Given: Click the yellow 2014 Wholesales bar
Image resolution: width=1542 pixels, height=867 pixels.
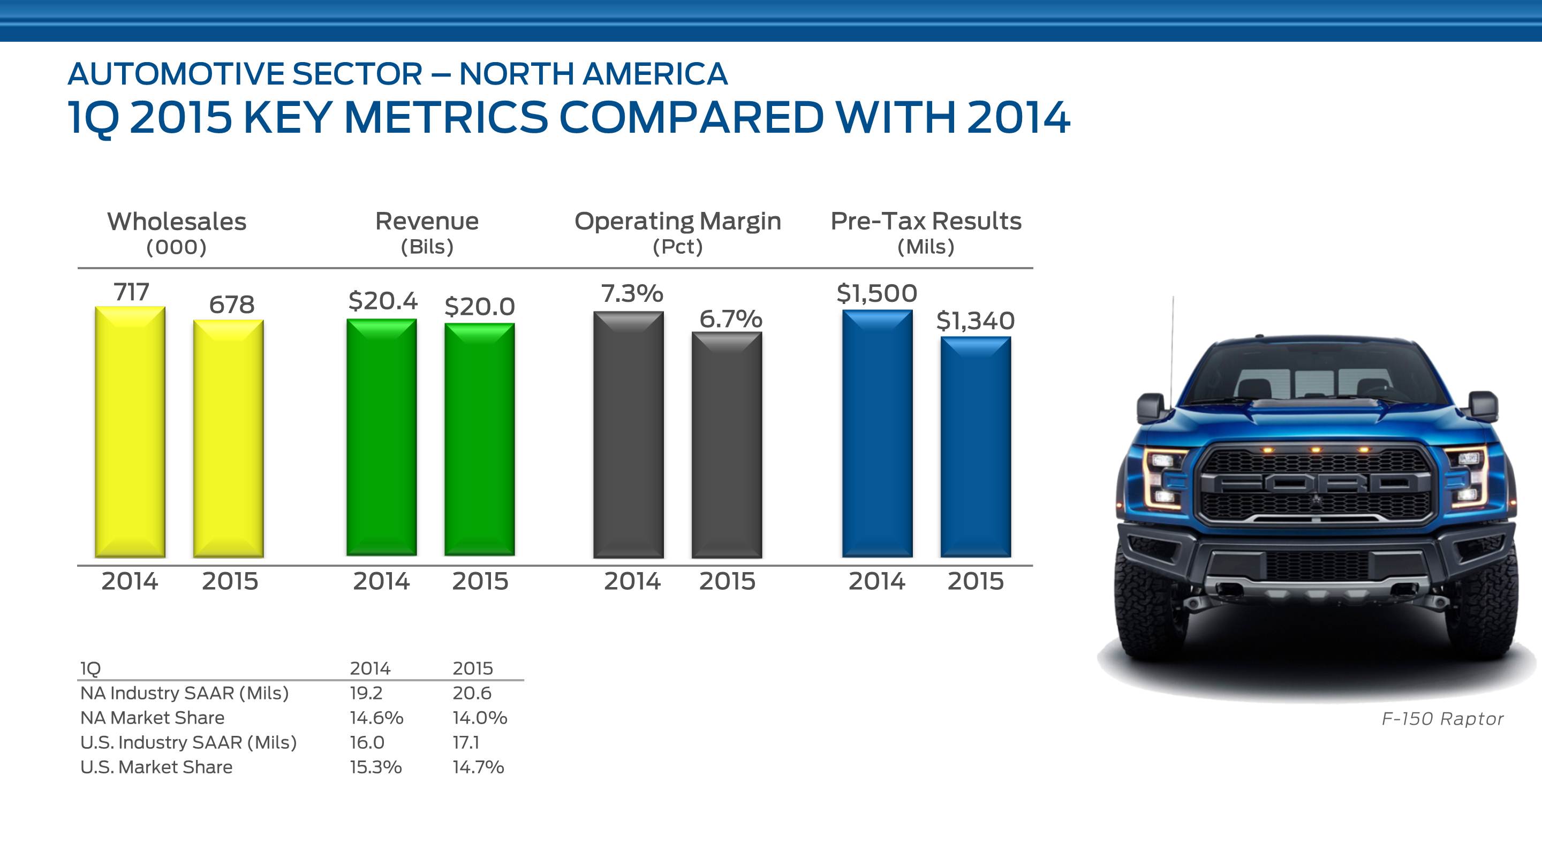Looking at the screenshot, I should [130, 432].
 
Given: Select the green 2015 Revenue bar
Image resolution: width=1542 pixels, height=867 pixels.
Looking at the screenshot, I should [480, 439].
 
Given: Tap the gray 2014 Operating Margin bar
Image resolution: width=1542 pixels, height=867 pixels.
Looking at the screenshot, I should [629, 435].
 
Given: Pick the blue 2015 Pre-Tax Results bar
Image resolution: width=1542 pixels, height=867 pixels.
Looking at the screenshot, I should [976, 447].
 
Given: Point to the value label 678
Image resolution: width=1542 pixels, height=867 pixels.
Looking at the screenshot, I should [232, 305].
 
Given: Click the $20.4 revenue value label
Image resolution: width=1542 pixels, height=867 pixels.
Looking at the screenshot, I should [382, 300].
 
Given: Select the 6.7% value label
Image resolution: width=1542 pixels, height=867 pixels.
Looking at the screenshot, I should [730, 319].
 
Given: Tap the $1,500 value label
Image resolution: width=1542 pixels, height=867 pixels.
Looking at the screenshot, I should [876, 293].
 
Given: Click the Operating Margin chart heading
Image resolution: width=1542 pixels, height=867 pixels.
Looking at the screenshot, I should [678, 222].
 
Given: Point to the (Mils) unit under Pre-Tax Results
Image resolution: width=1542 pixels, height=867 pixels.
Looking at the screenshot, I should [925, 247].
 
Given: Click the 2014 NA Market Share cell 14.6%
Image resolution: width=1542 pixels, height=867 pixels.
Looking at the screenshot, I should [376, 717].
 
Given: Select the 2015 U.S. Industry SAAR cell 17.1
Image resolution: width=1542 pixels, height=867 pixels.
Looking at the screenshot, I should [466, 742].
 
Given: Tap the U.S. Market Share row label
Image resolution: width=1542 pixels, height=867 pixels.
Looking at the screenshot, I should [156, 767].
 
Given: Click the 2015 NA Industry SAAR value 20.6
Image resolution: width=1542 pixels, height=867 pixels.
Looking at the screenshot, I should [472, 693].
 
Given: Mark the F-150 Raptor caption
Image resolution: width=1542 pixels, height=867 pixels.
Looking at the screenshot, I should [1442, 719].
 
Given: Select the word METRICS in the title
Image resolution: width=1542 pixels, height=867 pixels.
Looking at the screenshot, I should [446, 117].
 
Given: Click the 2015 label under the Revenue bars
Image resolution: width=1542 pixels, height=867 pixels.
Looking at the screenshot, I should [480, 582].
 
